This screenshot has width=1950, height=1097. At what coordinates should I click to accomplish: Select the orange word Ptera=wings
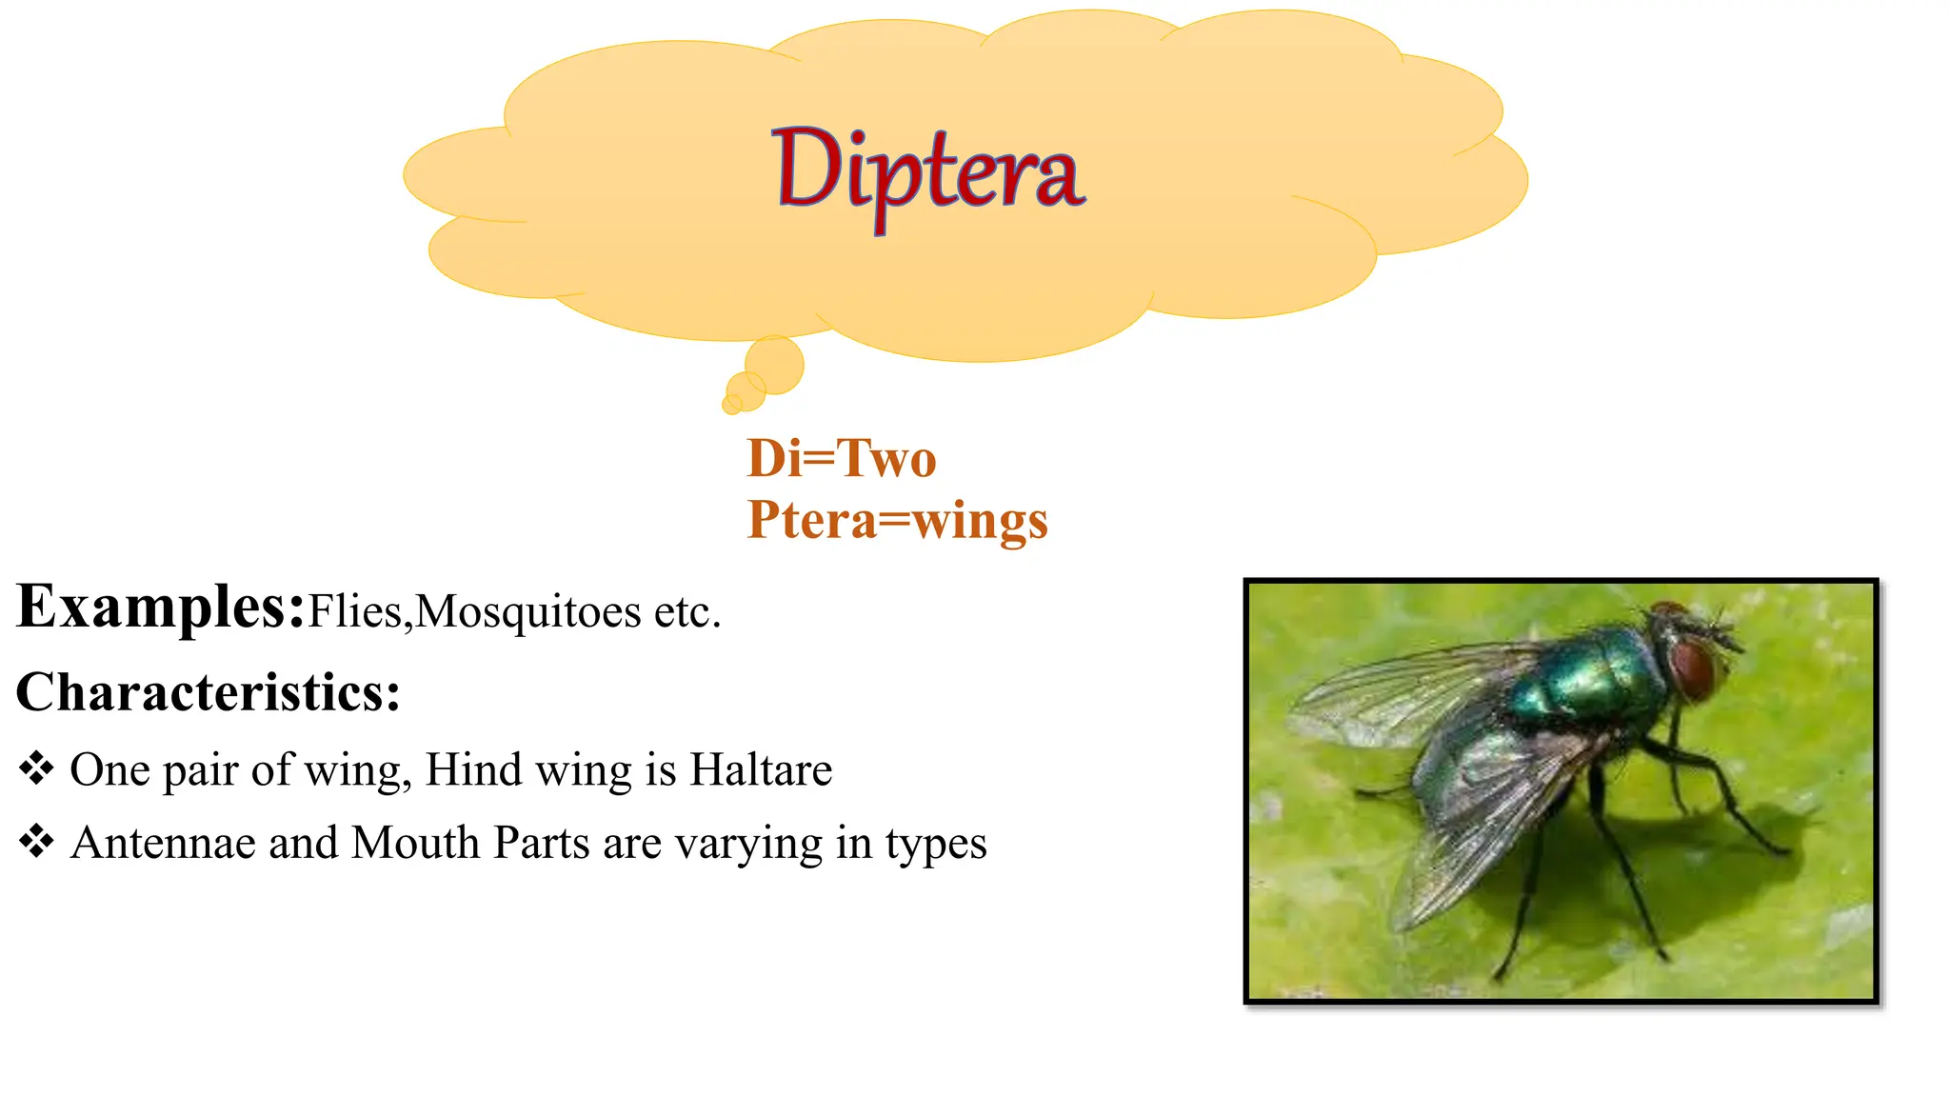pos(897,520)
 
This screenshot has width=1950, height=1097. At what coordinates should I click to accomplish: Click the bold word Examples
pos(160,607)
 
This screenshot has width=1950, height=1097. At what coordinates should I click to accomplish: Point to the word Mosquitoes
pos(528,611)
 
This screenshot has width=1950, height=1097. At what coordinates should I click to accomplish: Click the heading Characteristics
pos(208,692)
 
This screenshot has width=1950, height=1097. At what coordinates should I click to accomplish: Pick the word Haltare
pos(761,769)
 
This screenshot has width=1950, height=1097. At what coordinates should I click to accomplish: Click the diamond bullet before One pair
pos(36,768)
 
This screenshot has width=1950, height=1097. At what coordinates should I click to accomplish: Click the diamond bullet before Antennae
pos(36,842)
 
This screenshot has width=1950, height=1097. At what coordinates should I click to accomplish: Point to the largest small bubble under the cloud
pos(774,365)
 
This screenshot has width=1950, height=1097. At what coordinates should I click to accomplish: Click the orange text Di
pos(774,459)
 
